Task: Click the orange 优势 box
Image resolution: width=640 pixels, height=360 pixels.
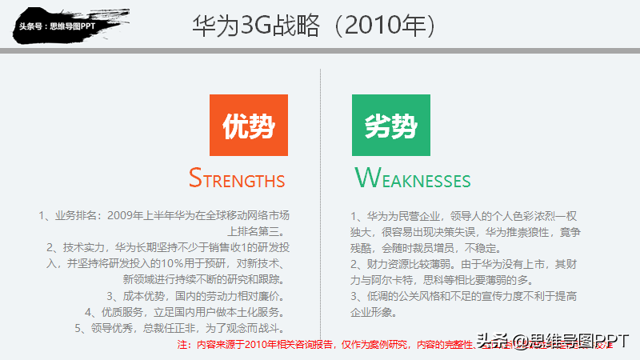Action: pos(248,125)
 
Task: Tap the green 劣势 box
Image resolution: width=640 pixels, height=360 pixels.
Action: pos(391,125)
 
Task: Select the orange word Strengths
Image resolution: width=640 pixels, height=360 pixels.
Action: pos(237,178)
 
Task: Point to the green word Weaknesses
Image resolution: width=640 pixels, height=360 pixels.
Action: pos(413,178)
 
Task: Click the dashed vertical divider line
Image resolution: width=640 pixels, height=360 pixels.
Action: pos(321,200)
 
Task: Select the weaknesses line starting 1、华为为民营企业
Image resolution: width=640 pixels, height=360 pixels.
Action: pos(464,216)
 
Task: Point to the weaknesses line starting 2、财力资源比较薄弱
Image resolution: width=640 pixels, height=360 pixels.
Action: pos(464,263)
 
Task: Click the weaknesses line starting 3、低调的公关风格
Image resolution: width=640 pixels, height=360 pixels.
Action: pos(464,296)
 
